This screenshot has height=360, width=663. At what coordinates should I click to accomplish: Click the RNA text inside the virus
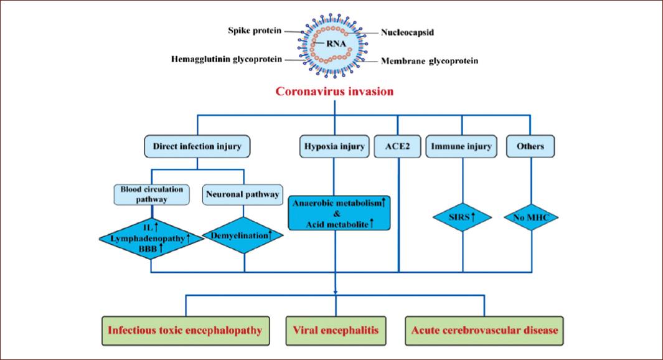[x=335, y=44]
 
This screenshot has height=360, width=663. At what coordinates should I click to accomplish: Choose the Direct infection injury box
[x=197, y=146]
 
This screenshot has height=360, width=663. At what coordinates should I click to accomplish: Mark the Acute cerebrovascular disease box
[x=484, y=331]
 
